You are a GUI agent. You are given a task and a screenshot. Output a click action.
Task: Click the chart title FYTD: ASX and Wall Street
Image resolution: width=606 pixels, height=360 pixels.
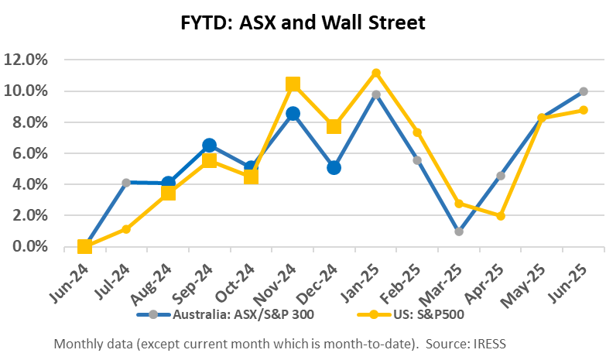303,22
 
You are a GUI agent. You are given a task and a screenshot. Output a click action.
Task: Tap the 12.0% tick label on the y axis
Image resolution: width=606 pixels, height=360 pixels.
27,60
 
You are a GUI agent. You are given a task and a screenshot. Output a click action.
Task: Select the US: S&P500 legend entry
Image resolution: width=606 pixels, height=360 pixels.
413,315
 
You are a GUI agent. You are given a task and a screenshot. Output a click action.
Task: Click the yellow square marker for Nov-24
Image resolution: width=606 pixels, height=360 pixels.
293,84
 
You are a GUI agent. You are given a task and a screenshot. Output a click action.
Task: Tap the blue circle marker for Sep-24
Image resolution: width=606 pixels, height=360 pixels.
209,145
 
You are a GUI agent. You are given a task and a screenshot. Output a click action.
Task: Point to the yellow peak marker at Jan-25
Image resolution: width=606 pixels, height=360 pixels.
376,73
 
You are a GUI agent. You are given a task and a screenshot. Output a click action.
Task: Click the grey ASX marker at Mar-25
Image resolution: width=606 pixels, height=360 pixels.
459,231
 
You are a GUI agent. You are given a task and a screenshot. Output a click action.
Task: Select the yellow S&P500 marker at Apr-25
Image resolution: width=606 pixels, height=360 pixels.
501,216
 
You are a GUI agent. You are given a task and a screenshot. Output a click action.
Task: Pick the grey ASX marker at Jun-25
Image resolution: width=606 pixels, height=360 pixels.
584,91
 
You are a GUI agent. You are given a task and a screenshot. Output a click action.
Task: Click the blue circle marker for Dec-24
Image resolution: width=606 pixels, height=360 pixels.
334,167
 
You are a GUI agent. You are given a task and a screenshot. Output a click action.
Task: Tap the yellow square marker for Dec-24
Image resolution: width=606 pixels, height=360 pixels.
334,125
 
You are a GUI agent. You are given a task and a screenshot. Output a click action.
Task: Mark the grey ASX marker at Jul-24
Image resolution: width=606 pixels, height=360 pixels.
126,183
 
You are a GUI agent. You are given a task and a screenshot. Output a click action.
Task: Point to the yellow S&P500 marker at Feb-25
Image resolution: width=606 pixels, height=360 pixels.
417,132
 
